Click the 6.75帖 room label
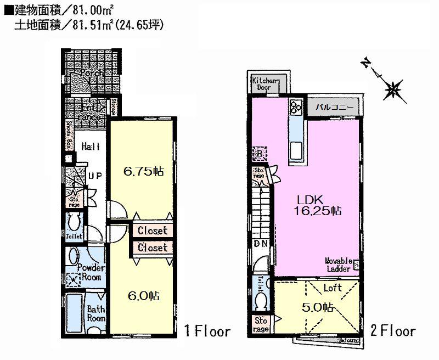pyautogui.click(x=143, y=171)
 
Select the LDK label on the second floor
pyautogui.click(x=310, y=199)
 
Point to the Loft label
pyautogui.click(x=332, y=288)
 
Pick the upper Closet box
pyautogui.click(x=152, y=231)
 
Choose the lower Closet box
pyautogui.click(x=152, y=248)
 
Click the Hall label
pyautogui.click(x=89, y=147)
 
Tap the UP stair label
pyautogui.click(x=94, y=176)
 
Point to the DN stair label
pyautogui.click(x=260, y=243)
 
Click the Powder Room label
pyautogui.click(x=91, y=272)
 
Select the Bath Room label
pyautogui.click(x=95, y=313)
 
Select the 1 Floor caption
pyautogui.click(x=207, y=331)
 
